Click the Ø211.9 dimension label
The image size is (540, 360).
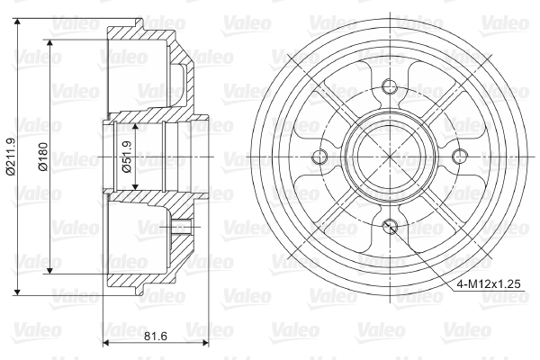(x=11, y=157)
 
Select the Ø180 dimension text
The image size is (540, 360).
(x=44, y=157)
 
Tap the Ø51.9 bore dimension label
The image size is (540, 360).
(x=127, y=157)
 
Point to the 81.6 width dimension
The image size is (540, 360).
(x=156, y=336)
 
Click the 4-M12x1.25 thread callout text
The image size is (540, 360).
(x=488, y=284)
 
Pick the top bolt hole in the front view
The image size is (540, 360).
(x=390, y=85)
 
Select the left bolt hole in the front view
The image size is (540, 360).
(x=319, y=157)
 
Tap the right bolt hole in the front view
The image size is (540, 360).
(x=459, y=157)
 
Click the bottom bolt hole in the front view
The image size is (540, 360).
(x=390, y=225)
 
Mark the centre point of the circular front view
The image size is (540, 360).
(x=390, y=157)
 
